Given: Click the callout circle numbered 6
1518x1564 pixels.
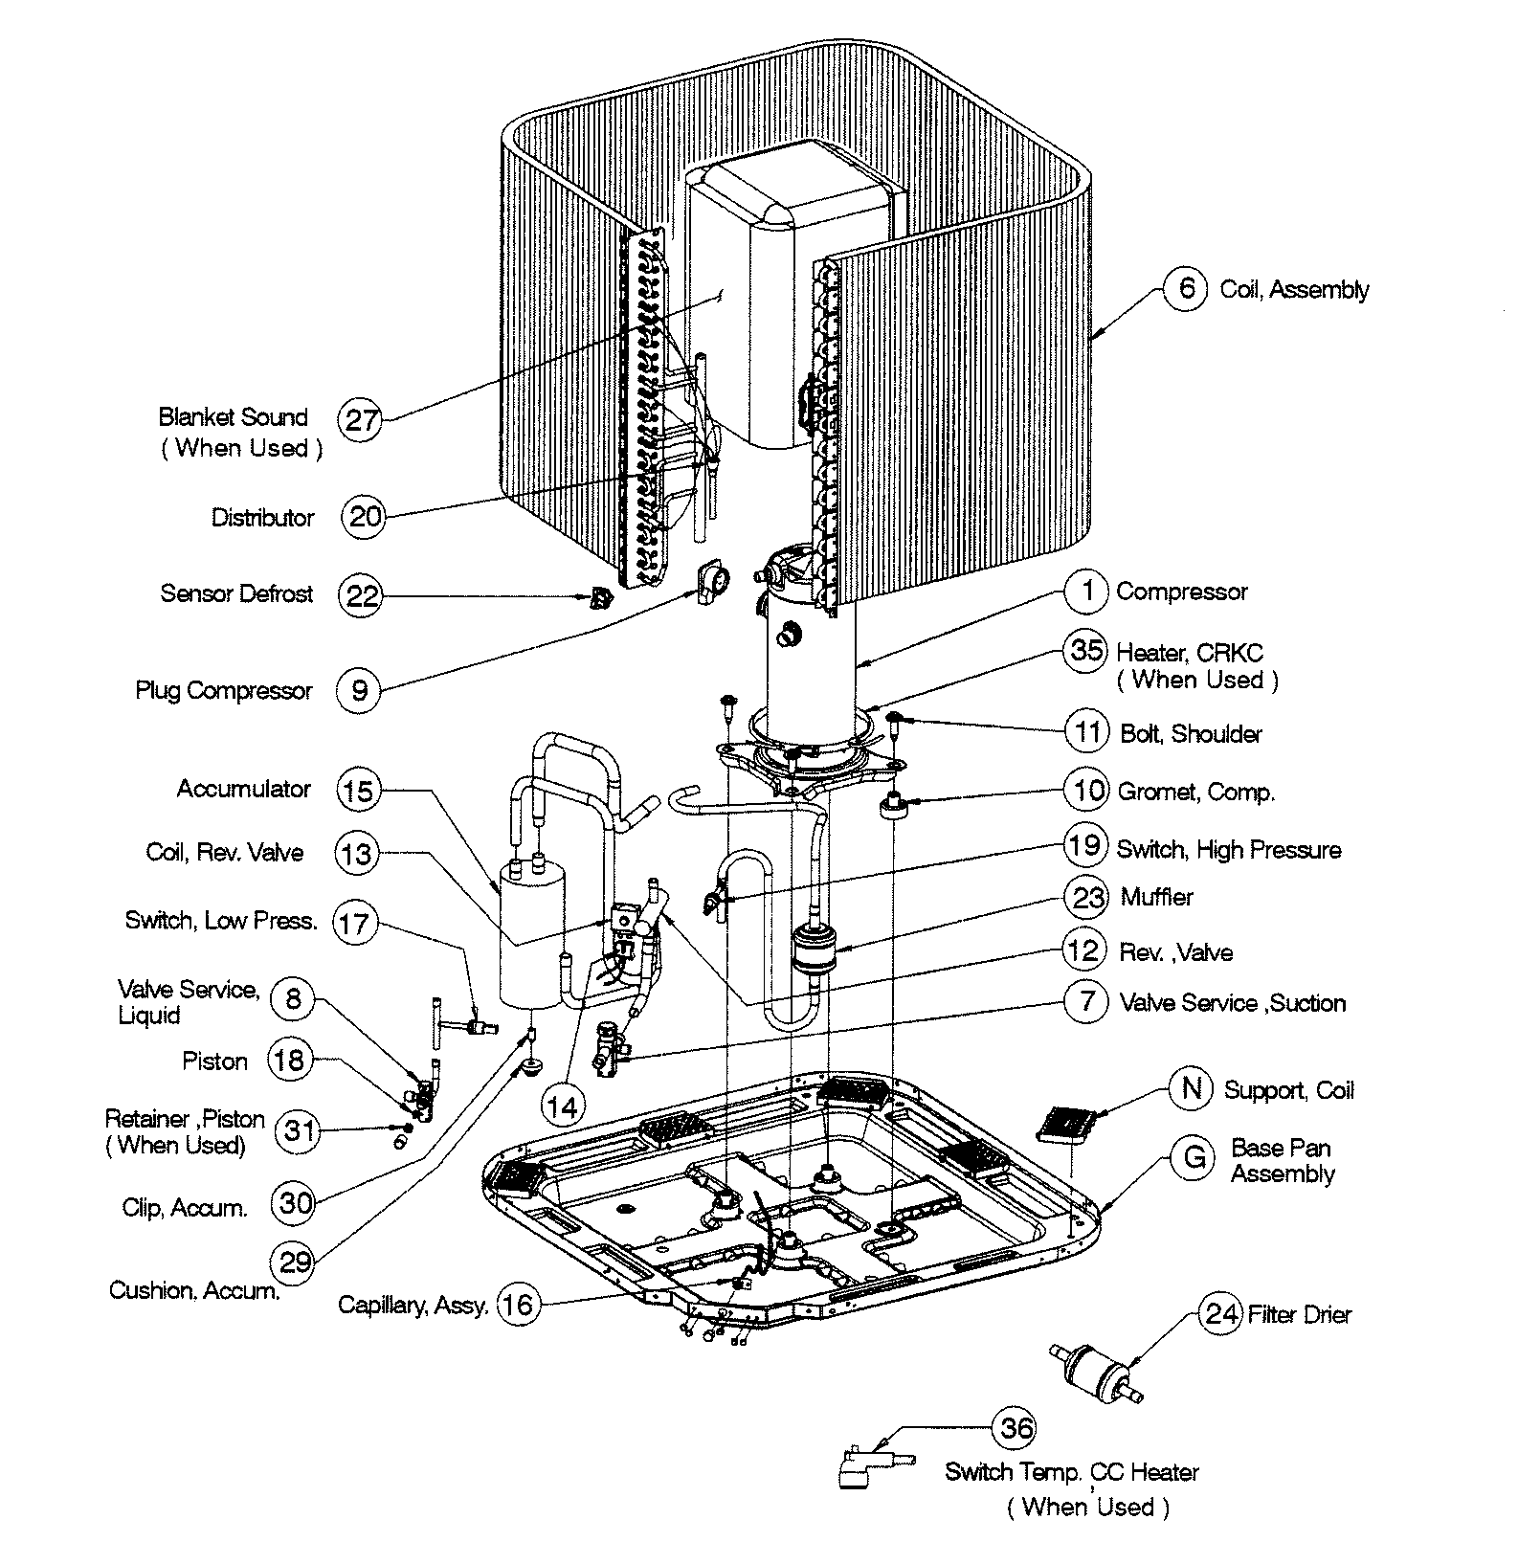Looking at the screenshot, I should tap(1186, 287).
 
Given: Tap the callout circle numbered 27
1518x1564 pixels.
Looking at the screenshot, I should tap(361, 420).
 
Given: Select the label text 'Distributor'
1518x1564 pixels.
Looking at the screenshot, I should tap(262, 518).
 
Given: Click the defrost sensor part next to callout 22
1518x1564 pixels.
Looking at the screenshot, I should tap(598, 599).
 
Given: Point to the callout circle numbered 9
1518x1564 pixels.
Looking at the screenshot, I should tap(359, 690).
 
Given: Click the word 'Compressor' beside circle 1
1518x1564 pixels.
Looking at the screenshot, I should tap(1181, 592).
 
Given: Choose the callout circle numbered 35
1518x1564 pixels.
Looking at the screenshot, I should tap(1086, 651).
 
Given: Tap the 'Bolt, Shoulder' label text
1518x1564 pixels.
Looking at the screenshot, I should tap(1191, 734).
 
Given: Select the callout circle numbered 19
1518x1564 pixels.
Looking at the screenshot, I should tap(1086, 846).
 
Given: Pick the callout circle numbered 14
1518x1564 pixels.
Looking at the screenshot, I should tap(562, 1106).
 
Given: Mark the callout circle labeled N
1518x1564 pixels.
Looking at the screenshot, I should tap(1192, 1088).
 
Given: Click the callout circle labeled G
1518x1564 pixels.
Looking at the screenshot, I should tap(1194, 1157).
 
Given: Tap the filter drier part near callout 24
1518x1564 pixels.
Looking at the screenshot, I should tap(1099, 1371).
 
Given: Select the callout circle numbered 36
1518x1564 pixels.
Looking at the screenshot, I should tap(1016, 1429).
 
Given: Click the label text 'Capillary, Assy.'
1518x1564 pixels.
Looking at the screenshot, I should tap(413, 1306).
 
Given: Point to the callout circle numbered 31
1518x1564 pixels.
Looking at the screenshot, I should tap(299, 1131).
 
